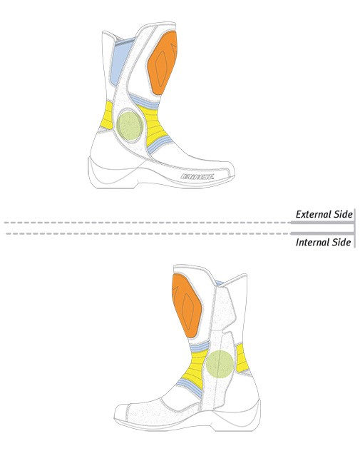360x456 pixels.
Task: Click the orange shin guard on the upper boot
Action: pyautogui.click(x=162, y=63)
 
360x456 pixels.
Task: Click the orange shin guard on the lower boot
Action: pyautogui.click(x=187, y=305)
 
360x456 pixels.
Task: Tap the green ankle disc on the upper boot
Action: pyautogui.click(x=130, y=126)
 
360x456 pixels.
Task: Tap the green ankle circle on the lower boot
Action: pyautogui.click(x=220, y=364)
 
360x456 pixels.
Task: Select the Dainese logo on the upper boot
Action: pyautogui.click(x=197, y=176)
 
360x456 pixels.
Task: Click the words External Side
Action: pyautogui.click(x=324, y=214)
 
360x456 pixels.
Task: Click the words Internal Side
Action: pyautogui.click(x=324, y=242)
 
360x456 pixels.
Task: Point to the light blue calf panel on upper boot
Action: pyautogui.click(x=120, y=61)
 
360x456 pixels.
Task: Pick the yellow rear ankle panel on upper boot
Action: pyautogui.click(x=107, y=115)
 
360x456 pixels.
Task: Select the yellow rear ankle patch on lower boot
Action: pyautogui.click(x=242, y=358)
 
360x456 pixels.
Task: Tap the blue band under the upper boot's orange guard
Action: pyautogui.click(x=145, y=102)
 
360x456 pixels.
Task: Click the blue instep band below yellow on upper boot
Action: pyautogui.click(x=160, y=145)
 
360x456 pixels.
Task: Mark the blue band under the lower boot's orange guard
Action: pyautogui.click(x=200, y=347)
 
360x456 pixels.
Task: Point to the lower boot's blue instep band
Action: pyautogui.click(x=190, y=388)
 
